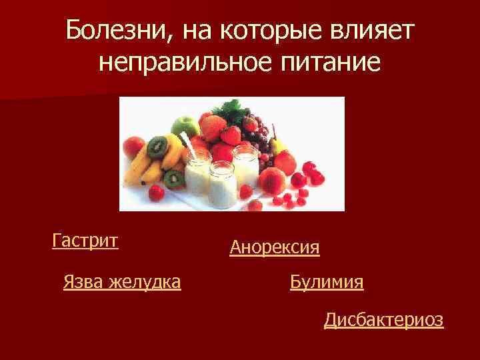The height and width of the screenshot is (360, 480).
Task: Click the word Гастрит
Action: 85,240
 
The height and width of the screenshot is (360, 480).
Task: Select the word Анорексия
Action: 274,249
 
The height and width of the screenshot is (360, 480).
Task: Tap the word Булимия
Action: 327,282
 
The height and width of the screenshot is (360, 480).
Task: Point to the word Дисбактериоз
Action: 383,320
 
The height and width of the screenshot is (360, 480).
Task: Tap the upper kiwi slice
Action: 157,146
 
